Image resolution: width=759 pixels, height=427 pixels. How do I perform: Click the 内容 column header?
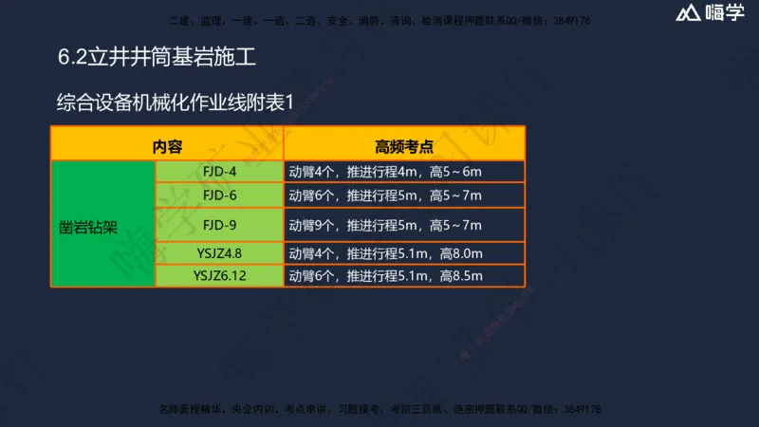[x=167, y=146]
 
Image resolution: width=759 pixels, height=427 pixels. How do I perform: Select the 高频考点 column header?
[x=404, y=146]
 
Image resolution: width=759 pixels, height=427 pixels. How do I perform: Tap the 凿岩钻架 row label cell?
[x=102, y=225]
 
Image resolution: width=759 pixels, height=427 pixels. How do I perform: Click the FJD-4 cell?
[x=219, y=172]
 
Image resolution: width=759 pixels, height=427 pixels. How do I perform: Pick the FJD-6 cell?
[x=219, y=195]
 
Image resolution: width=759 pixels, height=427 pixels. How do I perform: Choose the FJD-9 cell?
[x=219, y=225]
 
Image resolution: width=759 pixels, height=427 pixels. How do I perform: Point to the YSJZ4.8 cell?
[x=219, y=253]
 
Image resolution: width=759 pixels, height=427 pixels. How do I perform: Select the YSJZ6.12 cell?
[x=219, y=276]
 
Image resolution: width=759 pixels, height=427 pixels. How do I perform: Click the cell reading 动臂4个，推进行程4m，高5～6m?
[x=404, y=172]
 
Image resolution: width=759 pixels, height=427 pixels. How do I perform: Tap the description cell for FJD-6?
[x=404, y=195]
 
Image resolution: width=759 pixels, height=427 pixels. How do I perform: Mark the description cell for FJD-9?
[x=404, y=225]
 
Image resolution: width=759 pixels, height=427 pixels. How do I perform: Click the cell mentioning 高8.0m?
[x=404, y=253]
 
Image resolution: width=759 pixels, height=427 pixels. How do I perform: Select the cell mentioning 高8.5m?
[x=404, y=276]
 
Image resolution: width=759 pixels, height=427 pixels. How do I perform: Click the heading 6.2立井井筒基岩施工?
[x=157, y=58]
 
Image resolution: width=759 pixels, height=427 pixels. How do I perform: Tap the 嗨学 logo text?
[x=725, y=14]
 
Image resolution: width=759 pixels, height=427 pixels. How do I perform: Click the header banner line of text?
[x=379, y=19]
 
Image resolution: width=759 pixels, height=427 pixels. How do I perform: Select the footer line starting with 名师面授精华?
[x=379, y=409]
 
